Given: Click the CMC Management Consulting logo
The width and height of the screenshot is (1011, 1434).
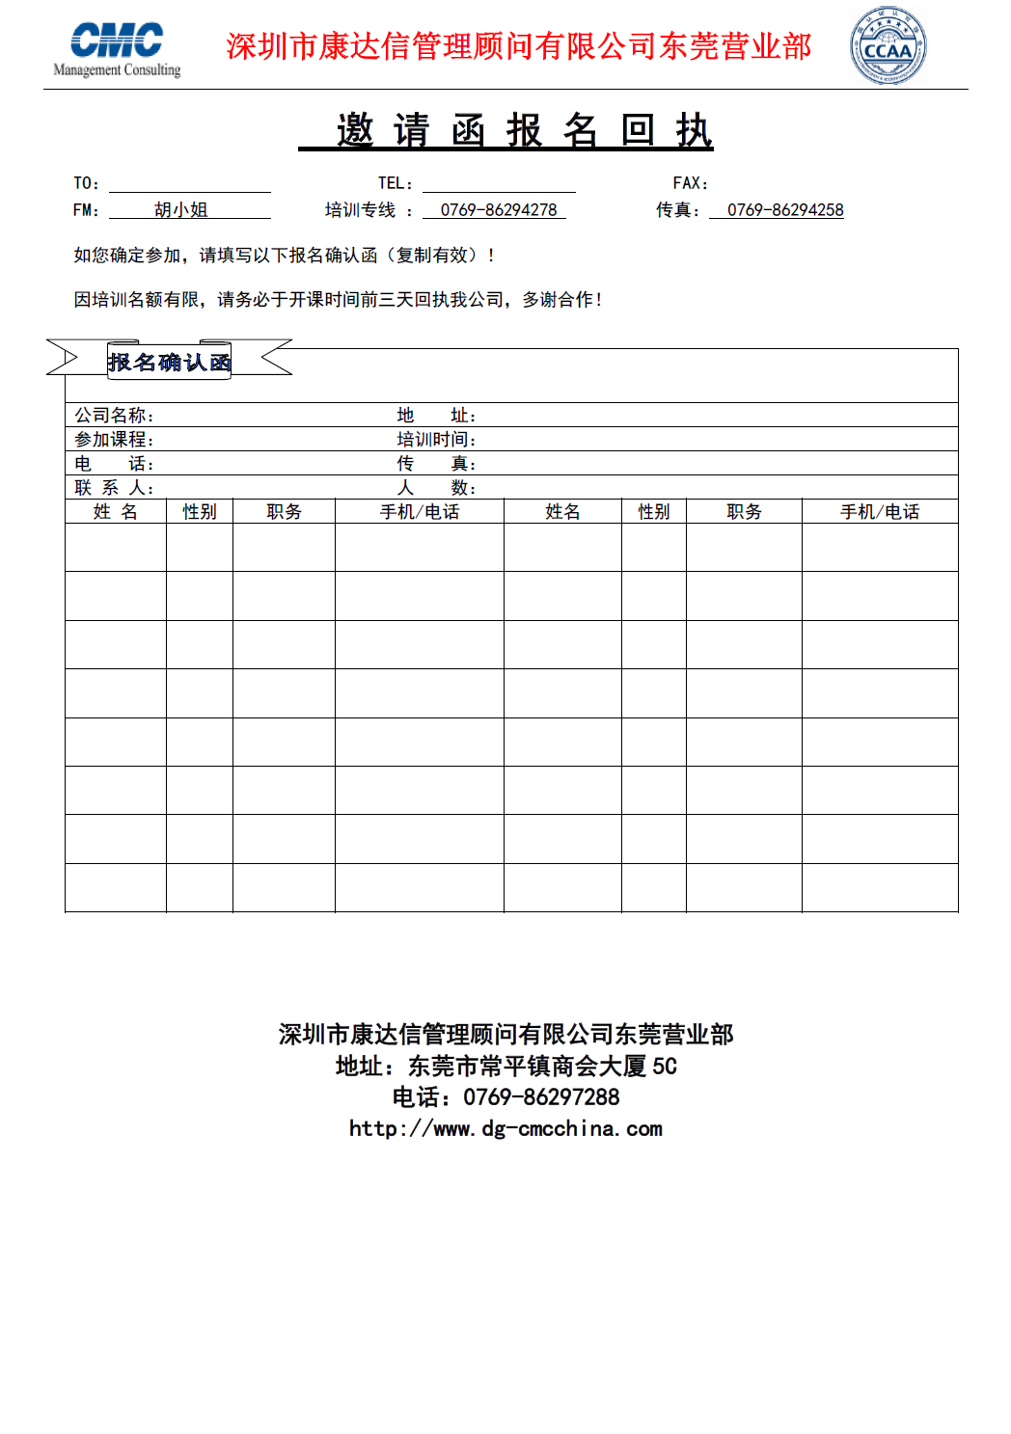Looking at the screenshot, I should click(x=117, y=48).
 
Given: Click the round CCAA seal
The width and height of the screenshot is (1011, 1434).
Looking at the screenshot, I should click(x=888, y=46).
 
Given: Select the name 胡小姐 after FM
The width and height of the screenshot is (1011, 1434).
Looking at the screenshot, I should click(x=181, y=210).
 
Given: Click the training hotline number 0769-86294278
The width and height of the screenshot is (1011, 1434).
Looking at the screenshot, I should click(x=499, y=210).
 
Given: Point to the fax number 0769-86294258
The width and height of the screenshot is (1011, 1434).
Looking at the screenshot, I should click(x=785, y=210).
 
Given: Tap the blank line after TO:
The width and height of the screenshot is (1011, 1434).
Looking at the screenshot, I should click(x=189, y=185).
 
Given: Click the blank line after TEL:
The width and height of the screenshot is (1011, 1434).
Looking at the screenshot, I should click(x=499, y=185).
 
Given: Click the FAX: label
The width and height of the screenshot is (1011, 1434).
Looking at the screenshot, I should click(x=690, y=183).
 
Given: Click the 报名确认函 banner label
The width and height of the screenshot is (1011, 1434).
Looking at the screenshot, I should click(x=169, y=363).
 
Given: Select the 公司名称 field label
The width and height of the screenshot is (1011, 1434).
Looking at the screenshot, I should click(x=114, y=416).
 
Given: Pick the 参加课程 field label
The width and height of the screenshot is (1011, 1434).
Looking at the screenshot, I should click(x=114, y=440).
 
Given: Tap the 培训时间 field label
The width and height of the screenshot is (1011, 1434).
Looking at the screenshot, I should click(x=436, y=440).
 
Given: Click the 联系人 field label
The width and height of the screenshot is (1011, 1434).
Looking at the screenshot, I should click(x=114, y=488).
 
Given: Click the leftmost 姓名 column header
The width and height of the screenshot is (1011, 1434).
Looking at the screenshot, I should click(x=116, y=512).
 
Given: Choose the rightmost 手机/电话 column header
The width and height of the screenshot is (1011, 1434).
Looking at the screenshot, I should click(x=880, y=512).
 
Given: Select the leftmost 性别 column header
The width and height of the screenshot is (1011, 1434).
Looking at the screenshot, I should click(x=200, y=512).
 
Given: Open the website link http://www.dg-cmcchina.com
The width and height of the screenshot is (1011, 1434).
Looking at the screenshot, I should click(x=505, y=1129).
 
